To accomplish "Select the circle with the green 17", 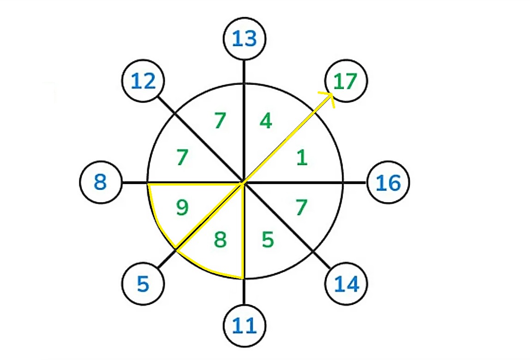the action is (346, 81).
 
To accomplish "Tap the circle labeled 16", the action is (388, 182).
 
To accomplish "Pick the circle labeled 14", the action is (346, 283).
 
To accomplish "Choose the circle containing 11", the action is (245, 325).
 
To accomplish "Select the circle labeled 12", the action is (143, 81).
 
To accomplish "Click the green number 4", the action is (266, 120).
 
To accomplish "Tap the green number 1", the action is (302, 157).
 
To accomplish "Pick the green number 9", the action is (182, 207).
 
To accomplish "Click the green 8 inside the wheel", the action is (220, 240).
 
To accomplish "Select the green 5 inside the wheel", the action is (268, 240).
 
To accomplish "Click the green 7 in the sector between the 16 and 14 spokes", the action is (301, 207).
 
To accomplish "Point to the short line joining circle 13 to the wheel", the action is (244, 72).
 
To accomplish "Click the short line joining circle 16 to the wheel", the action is (355, 182).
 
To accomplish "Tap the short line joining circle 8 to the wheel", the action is (135, 182).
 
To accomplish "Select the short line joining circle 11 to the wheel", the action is (244, 292).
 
